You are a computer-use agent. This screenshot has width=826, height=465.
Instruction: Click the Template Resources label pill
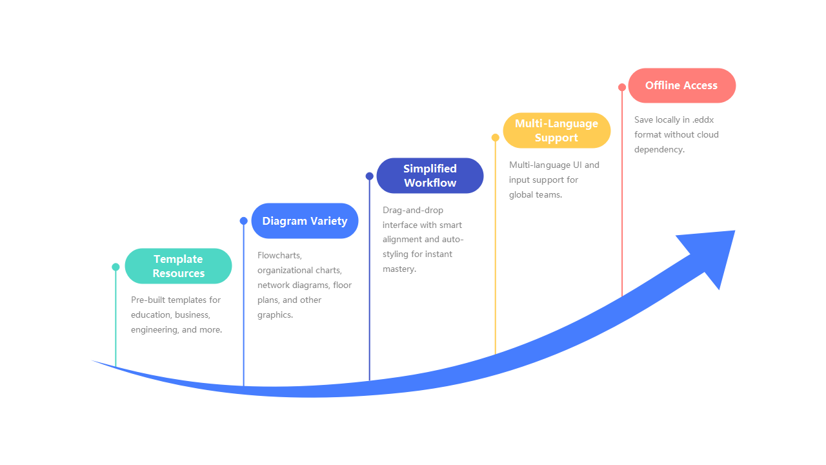[178, 266]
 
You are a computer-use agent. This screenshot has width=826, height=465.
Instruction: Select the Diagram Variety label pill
[305, 221]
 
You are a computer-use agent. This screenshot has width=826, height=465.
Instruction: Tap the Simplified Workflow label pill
[430, 176]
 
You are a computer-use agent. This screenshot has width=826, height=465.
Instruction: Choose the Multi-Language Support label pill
[556, 130]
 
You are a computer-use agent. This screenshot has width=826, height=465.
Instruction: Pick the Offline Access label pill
[681, 85]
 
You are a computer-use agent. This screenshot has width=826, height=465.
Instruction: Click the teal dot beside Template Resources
[116, 267]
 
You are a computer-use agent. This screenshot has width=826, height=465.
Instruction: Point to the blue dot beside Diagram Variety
[243, 221]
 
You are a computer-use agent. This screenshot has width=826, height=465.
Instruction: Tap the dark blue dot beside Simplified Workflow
[369, 176]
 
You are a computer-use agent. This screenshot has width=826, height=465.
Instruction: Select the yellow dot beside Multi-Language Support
[495, 138]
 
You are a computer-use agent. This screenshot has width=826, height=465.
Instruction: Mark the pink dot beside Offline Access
[622, 87]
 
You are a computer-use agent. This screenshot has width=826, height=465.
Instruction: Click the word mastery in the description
[399, 269]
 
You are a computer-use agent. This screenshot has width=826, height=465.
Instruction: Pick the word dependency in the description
[658, 150]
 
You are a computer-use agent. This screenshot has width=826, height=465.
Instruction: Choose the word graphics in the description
[275, 315]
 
